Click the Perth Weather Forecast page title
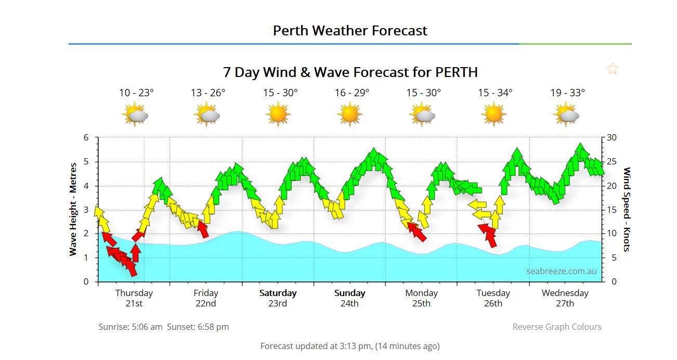click(x=350, y=31)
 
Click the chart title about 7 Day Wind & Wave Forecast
click(x=350, y=72)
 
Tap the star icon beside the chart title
click(x=613, y=69)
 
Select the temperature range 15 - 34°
click(x=495, y=93)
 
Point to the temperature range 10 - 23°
click(x=136, y=93)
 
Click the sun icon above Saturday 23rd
click(x=278, y=114)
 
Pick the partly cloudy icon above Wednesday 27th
click(x=566, y=114)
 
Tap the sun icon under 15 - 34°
click(x=493, y=114)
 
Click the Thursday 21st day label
click(x=134, y=298)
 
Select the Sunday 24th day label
click(x=349, y=298)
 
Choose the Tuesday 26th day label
click(x=493, y=298)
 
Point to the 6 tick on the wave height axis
click(x=86, y=138)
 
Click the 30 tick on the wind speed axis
click(x=611, y=138)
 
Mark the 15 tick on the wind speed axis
click(x=611, y=210)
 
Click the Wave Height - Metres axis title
click(x=73, y=209)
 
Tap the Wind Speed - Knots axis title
click(x=627, y=209)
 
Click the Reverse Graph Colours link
click(x=556, y=327)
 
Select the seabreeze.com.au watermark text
click(x=561, y=271)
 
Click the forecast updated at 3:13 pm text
click(x=350, y=346)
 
